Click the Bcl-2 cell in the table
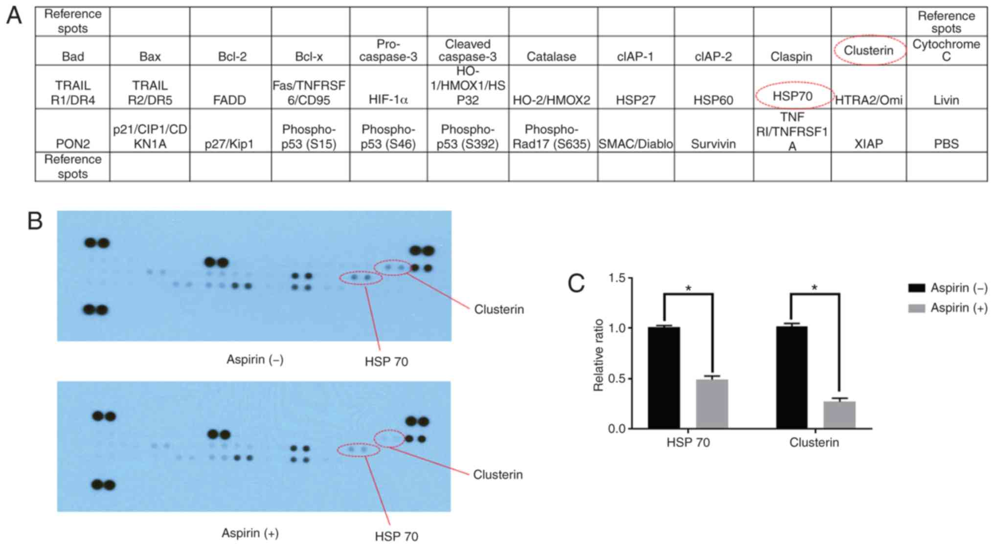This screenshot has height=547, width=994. [232, 56]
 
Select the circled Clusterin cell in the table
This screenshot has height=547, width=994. [868, 50]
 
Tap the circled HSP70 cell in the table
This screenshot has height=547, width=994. [792, 96]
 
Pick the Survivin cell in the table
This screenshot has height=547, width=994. [713, 144]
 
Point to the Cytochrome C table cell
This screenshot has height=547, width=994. [946, 50]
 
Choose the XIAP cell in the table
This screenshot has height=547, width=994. [868, 144]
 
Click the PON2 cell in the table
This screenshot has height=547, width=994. [72, 144]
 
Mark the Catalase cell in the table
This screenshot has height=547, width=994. [551, 56]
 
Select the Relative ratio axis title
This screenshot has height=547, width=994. [598, 354]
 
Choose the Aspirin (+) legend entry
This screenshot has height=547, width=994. [947, 308]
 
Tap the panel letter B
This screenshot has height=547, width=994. [35, 221]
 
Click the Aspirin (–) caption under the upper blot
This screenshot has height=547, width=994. [255, 360]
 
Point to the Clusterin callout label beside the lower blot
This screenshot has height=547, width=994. [497, 475]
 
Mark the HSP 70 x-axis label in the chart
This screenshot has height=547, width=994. [688, 442]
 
